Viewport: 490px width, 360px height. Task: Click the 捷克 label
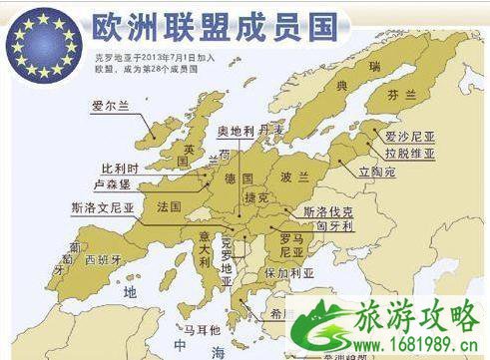(257, 197)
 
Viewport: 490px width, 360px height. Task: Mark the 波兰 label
(294, 177)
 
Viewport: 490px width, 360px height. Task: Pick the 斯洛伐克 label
(328, 212)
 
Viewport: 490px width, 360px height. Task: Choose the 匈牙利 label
(328, 226)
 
